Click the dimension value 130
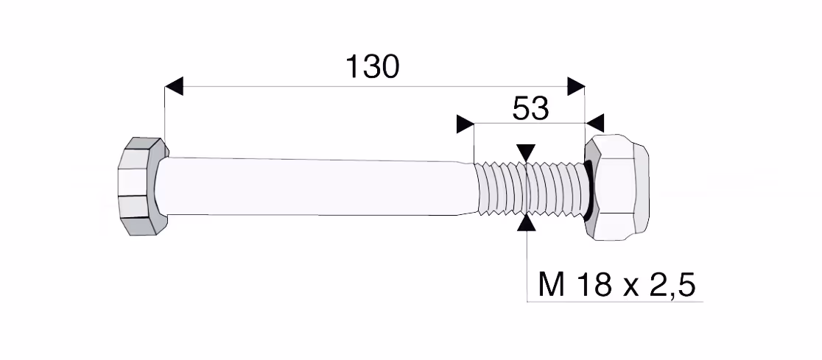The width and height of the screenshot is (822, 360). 373,66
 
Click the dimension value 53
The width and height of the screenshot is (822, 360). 530,109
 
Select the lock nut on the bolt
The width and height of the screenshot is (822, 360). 616,187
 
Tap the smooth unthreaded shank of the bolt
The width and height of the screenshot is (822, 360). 315,186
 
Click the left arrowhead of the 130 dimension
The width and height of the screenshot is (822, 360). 174,86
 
